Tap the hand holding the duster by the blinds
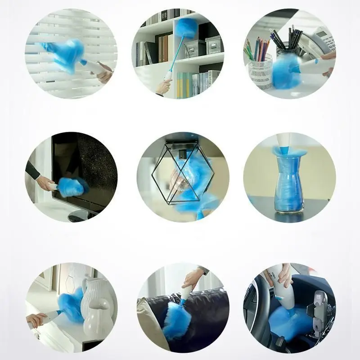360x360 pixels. pyautogui.click(x=104, y=72)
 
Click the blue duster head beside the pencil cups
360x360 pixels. pyautogui.click(x=286, y=72)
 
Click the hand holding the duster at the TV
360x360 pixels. pyautogui.click(x=45, y=182)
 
